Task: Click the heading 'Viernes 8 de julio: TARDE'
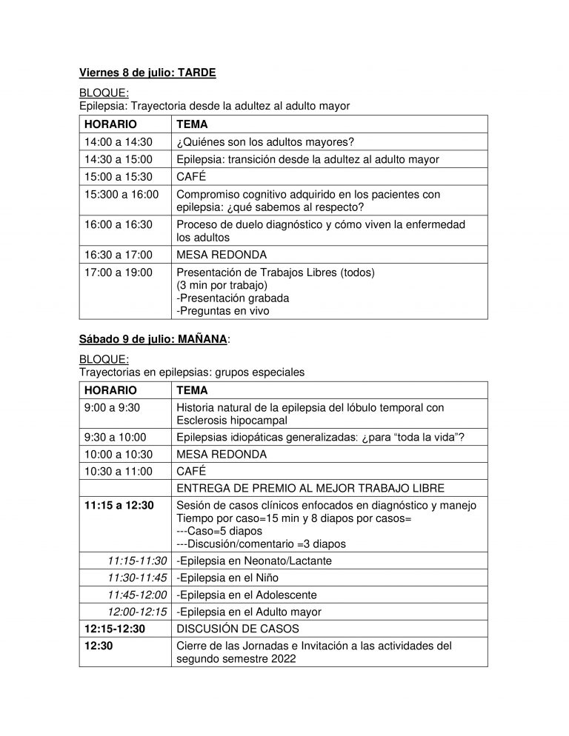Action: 147,73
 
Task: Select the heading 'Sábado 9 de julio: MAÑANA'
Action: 156,340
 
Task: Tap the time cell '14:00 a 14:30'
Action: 118,142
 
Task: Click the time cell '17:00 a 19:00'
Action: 118,272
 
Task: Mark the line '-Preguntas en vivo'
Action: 222,311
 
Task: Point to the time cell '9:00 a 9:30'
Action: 113,408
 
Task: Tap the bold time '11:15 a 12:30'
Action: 119,505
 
